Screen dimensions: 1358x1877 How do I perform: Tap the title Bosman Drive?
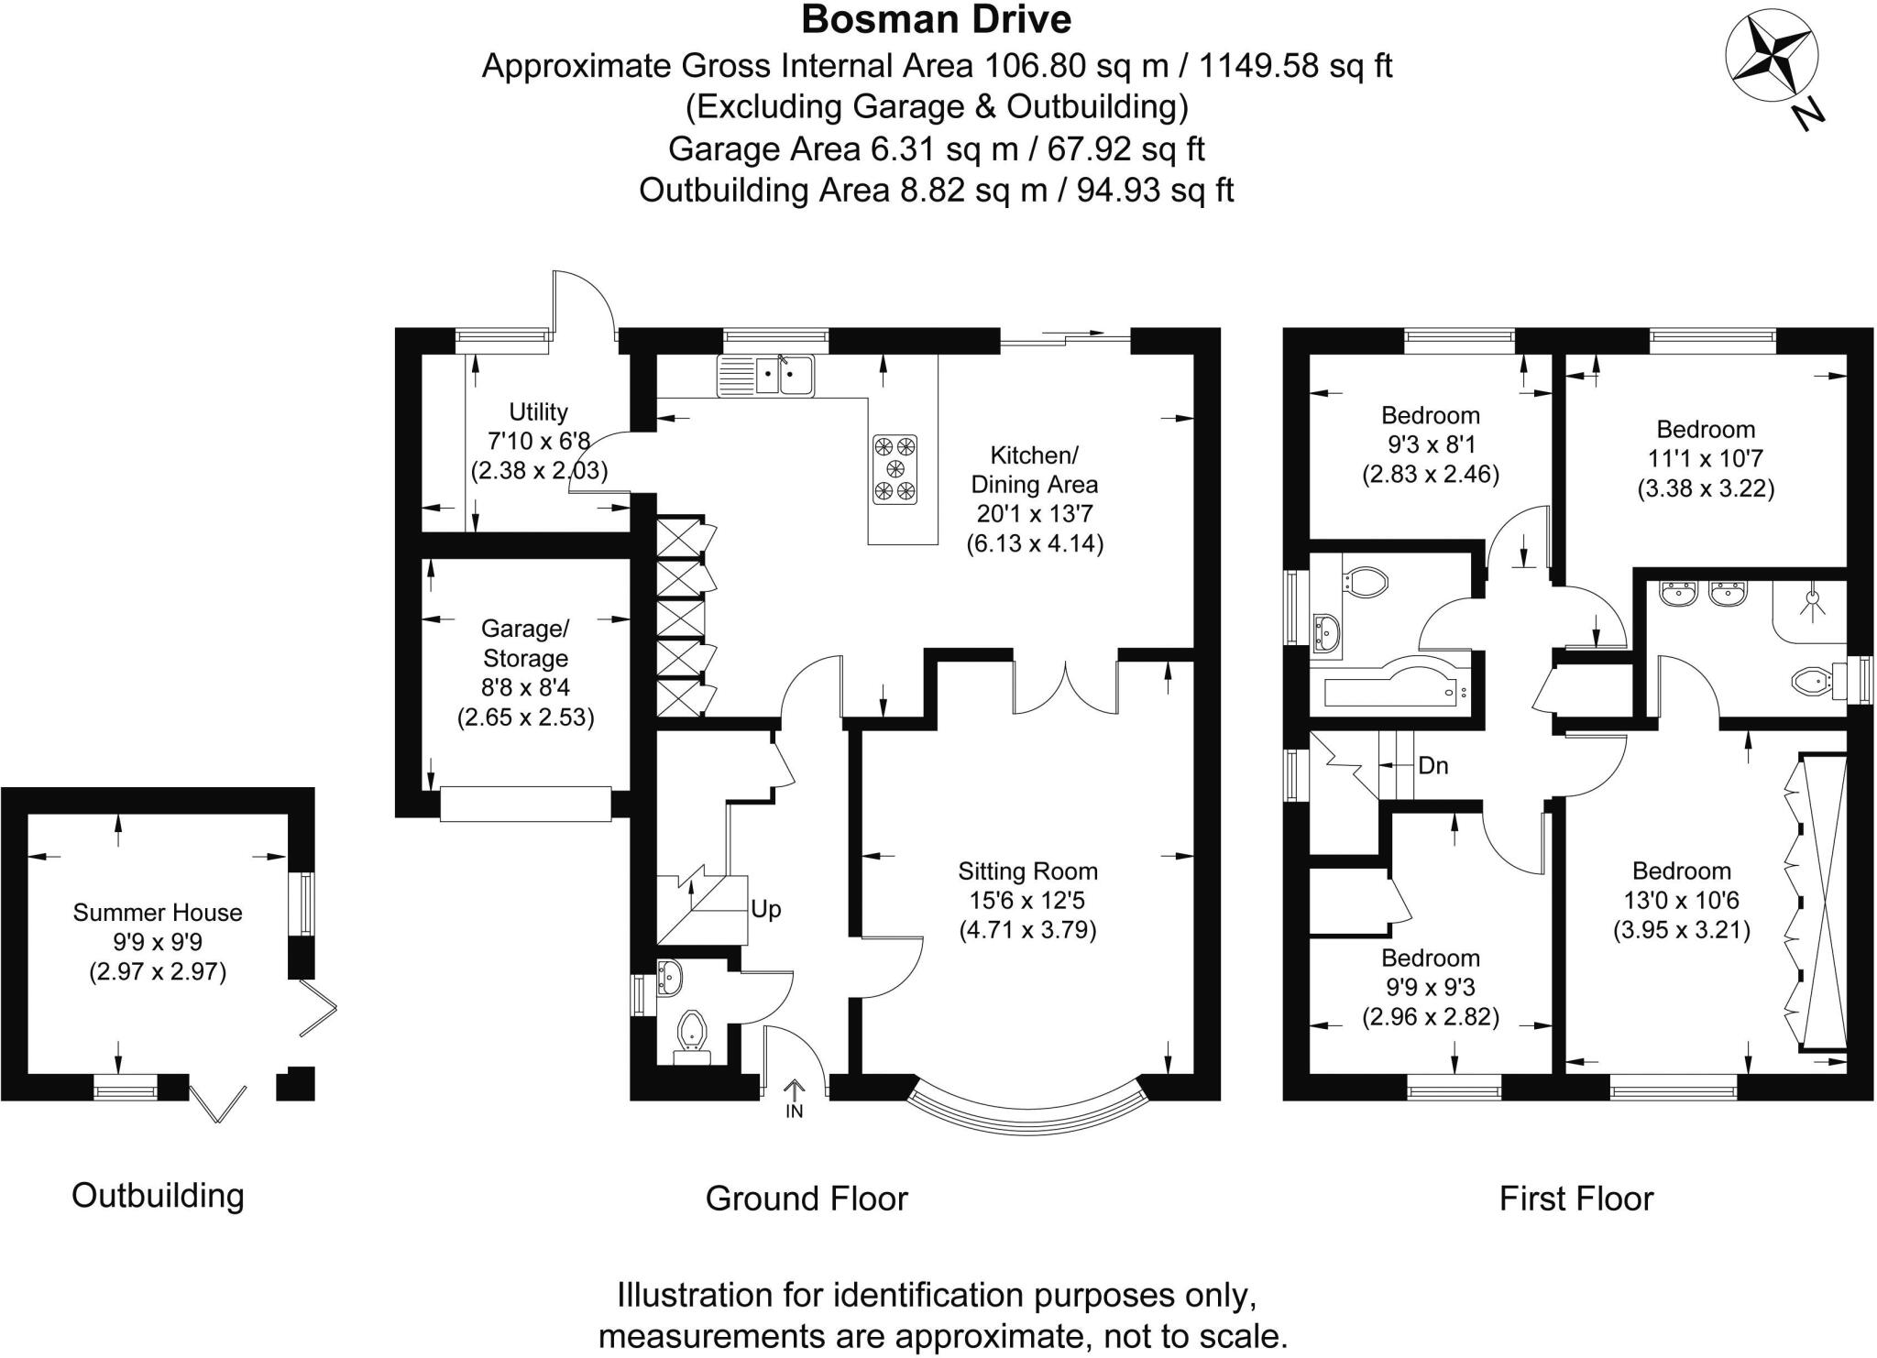pyautogui.click(x=936, y=19)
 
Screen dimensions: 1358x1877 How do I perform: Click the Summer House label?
pyautogui.click(x=158, y=913)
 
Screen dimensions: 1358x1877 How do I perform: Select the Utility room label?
pyautogui.click(x=538, y=412)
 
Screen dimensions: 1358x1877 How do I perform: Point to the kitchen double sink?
pyautogui.click(x=766, y=376)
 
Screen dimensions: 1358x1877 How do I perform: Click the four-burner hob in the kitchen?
pyautogui.click(x=895, y=469)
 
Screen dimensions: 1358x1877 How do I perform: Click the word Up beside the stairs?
pyautogui.click(x=765, y=909)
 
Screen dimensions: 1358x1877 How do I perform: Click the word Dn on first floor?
pyautogui.click(x=1432, y=765)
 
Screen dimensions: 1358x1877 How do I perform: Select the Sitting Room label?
pyautogui.click(x=1027, y=871)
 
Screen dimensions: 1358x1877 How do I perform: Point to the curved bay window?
pyautogui.click(x=1027, y=1110)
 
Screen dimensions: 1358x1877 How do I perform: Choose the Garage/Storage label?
pyautogui.click(x=525, y=643)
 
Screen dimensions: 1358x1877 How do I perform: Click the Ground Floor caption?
pyautogui.click(x=806, y=1199)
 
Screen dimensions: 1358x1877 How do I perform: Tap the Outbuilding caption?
pyautogui.click(x=158, y=1196)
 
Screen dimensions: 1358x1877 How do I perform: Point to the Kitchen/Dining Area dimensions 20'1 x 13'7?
pyautogui.click(x=1035, y=514)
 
